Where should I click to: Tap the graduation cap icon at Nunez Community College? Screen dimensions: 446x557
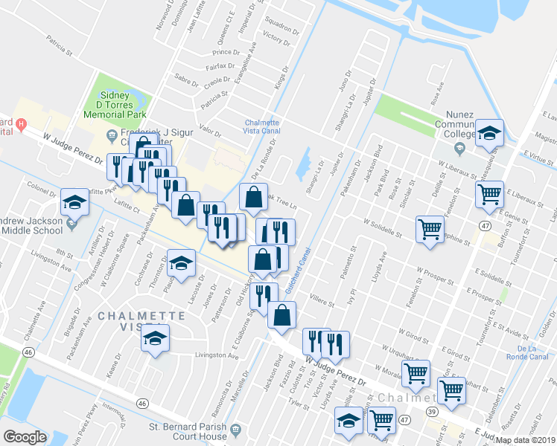(x=489, y=133)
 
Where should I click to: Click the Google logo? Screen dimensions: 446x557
(x=25, y=437)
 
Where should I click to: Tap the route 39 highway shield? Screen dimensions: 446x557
(x=431, y=412)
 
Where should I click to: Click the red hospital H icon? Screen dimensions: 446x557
(x=21, y=123)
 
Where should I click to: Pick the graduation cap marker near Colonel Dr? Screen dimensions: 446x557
(x=74, y=201)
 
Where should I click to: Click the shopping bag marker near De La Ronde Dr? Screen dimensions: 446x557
(x=253, y=197)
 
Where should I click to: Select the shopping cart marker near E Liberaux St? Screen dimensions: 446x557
(x=489, y=195)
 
